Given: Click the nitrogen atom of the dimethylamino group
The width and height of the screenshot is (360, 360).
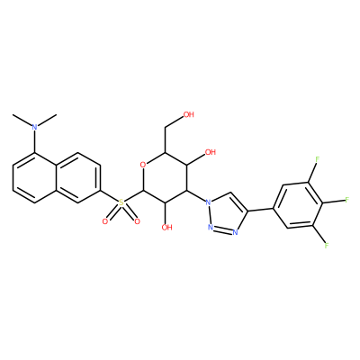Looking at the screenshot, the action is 35,127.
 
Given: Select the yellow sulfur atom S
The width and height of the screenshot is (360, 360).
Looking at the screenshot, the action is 121,202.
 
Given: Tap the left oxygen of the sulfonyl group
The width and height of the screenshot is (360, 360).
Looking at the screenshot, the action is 104,221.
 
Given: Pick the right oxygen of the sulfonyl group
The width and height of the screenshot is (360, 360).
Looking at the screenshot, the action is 137,221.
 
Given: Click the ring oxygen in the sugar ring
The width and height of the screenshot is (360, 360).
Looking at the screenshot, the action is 143,165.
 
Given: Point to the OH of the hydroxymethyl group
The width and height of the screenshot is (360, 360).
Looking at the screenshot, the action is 189,114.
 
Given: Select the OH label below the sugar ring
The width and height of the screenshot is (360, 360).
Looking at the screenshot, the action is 166,227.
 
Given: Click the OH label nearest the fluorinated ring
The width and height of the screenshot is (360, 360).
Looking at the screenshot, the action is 211,152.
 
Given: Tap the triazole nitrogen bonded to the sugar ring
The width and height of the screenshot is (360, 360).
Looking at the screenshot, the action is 208,202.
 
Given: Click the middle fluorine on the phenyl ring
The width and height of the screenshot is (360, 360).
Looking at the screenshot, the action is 347,200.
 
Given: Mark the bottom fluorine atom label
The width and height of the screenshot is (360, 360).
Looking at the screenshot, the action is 326,246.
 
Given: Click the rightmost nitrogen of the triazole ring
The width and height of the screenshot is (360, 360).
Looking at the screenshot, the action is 235,232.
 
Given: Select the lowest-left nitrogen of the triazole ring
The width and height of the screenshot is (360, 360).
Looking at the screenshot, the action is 211,228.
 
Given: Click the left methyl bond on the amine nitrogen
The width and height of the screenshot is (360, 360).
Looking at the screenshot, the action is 22,120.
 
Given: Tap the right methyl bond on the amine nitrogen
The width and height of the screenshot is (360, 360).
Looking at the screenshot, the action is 48,120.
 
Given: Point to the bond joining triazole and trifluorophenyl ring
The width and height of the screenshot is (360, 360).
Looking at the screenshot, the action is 260,210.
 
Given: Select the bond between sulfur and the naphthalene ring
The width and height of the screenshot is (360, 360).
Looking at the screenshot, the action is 109,196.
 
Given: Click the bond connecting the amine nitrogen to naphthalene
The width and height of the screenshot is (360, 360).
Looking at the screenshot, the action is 35,142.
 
